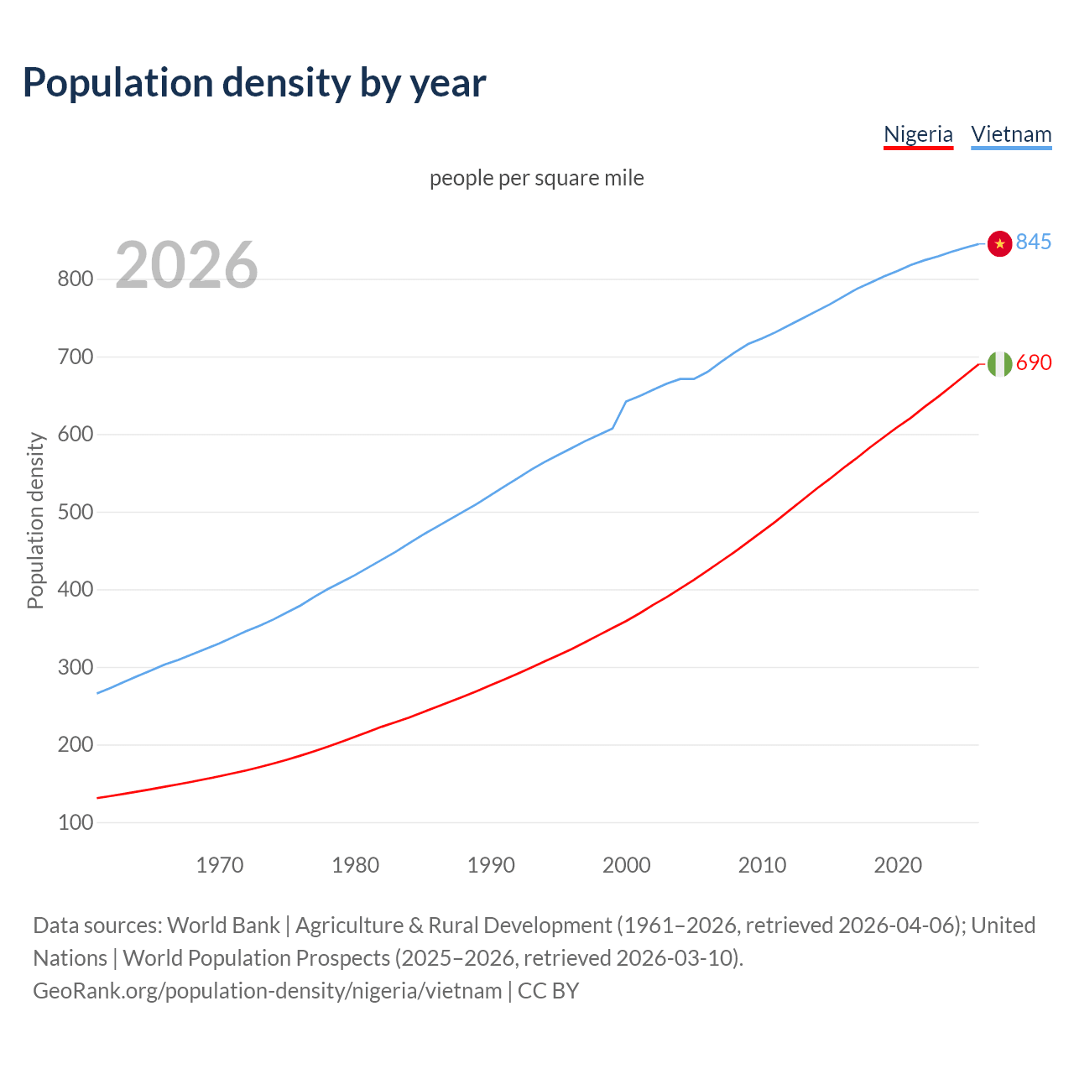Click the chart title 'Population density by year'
click(x=254, y=83)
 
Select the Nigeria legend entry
click(x=918, y=134)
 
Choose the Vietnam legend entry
click(x=1011, y=134)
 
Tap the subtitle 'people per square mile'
click(x=536, y=178)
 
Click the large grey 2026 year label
click(x=186, y=265)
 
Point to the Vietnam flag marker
click(x=999, y=243)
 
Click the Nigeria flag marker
click(x=999, y=363)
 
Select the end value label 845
click(x=1033, y=242)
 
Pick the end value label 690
click(x=1033, y=362)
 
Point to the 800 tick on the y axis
click(x=75, y=279)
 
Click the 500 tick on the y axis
click(x=75, y=512)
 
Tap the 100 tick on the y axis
click(x=75, y=822)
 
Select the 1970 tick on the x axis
click(x=220, y=865)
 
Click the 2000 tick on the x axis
click(x=627, y=865)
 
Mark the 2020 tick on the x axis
click(x=898, y=865)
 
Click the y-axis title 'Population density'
click(x=35, y=520)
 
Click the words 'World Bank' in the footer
click(x=223, y=925)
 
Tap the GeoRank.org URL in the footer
click(x=267, y=991)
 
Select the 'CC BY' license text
click(x=548, y=991)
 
